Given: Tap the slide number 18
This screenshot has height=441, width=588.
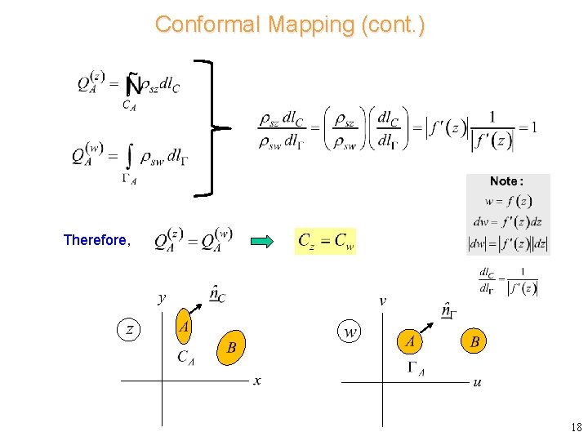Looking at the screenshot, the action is (576, 427).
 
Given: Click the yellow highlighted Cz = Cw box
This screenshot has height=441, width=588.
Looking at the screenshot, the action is (325, 241).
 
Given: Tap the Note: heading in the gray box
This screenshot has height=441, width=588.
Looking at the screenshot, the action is (506, 181).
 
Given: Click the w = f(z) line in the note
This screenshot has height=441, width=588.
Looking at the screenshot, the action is (508, 201).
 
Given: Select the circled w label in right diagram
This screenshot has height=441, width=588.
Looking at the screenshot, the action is (350, 332).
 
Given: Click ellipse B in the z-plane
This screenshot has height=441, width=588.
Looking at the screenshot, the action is (232, 348).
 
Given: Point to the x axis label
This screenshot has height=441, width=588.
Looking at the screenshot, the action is (257, 381).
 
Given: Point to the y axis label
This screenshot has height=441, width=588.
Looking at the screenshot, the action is (162, 297).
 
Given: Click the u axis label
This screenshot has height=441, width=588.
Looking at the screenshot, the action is (477, 382).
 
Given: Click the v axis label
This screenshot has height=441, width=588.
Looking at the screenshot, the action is (382, 300).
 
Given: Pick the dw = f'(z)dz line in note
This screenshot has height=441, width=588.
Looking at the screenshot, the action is (507, 221).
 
